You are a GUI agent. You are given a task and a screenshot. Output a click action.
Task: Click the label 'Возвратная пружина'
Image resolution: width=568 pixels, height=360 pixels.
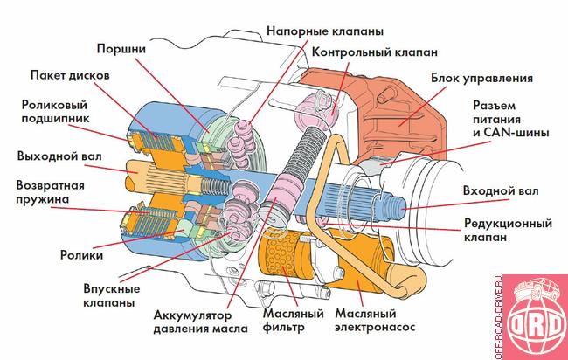coord(53,191)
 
